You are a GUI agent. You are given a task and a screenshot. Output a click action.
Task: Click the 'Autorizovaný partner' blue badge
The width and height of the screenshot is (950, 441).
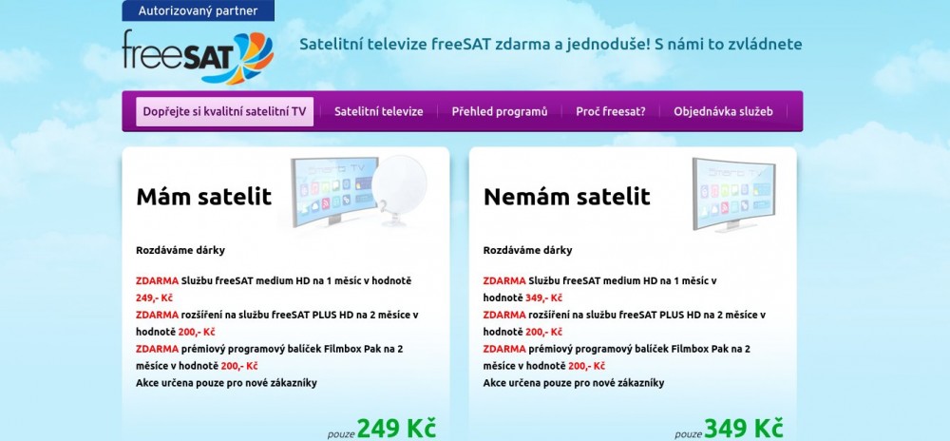click(199, 10)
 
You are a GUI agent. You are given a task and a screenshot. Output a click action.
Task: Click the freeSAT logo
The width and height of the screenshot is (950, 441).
click(199, 56)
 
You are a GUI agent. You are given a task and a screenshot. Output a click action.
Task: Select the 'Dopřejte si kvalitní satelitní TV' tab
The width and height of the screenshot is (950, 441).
click(225, 111)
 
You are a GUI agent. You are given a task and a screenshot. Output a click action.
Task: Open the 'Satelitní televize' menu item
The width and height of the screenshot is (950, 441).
click(379, 111)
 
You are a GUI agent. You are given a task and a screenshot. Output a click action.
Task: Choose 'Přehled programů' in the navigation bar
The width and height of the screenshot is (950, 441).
click(500, 111)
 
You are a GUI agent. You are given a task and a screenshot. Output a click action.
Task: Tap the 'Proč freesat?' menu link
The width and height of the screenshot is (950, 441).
click(611, 111)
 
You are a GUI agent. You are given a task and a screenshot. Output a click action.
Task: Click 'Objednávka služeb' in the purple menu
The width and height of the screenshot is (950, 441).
click(723, 111)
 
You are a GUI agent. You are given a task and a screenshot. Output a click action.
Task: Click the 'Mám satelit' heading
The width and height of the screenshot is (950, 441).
click(203, 197)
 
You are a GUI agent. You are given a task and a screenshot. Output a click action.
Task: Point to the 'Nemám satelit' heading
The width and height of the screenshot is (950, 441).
click(566, 197)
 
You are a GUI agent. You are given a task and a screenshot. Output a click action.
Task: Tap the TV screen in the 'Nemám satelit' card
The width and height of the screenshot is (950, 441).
click(733, 195)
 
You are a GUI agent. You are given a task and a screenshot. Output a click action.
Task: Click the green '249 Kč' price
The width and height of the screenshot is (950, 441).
click(396, 428)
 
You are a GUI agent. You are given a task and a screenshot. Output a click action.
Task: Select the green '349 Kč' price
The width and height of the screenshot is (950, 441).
click(744, 428)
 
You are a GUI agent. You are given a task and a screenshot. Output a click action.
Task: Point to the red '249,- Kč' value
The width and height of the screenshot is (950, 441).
click(155, 298)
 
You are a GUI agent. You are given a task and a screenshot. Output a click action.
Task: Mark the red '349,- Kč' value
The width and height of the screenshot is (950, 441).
click(544, 298)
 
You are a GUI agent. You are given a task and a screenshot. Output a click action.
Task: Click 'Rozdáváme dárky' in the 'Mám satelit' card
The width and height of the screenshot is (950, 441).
click(180, 250)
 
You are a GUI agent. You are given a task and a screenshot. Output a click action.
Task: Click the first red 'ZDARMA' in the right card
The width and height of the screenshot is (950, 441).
click(504, 281)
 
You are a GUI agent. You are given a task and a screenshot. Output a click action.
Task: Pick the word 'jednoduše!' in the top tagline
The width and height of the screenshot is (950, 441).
click(609, 45)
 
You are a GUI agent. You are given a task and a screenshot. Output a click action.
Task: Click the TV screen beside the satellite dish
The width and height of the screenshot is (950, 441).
click(333, 190)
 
